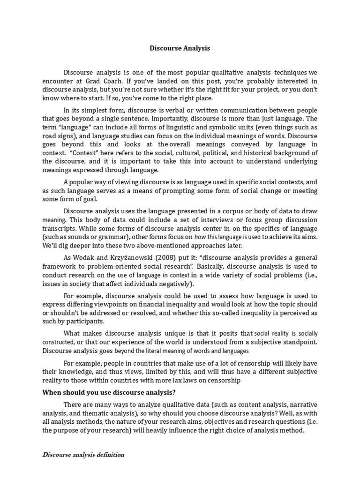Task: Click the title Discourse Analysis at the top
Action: pyautogui.click(x=180, y=48)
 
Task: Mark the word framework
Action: pyautogui.click(x=58, y=267)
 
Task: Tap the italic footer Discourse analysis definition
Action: pyautogui.click(x=83, y=454)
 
